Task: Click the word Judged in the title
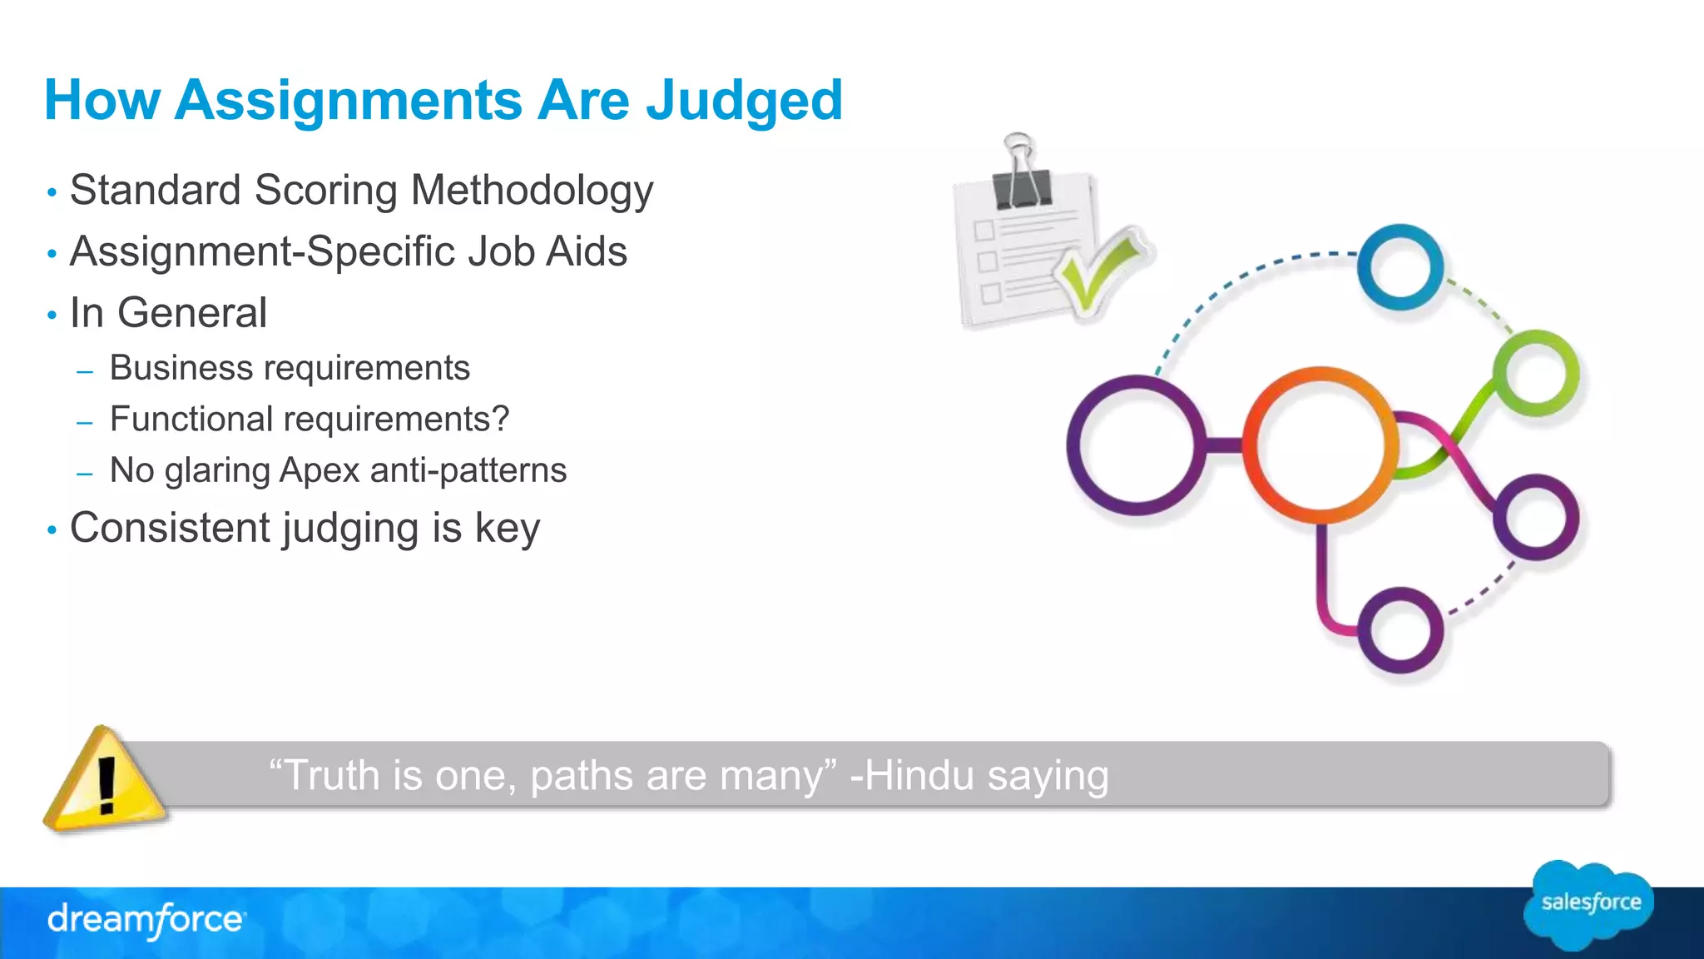click(744, 101)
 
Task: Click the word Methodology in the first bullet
click(532, 191)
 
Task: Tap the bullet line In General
click(168, 314)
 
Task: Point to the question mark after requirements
click(500, 419)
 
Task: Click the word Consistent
click(170, 528)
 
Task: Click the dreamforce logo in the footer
click(146, 920)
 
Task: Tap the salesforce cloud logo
click(1589, 904)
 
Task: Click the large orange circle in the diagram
click(1320, 445)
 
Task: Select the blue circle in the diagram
click(1400, 266)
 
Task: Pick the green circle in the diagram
click(1536, 372)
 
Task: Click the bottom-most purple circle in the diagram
click(1400, 630)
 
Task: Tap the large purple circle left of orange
click(1137, 445)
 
